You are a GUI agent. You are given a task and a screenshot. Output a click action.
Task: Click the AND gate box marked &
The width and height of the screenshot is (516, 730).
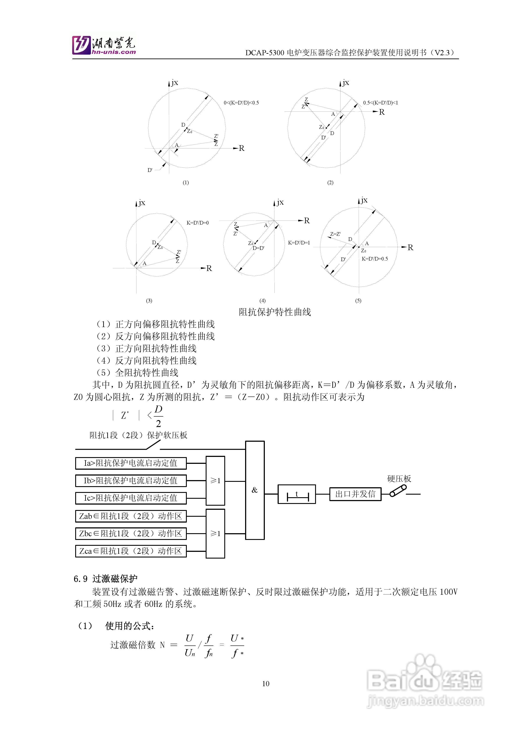tap(255, 490)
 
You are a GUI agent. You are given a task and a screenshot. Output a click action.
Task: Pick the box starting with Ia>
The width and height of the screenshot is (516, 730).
tap(131, 463)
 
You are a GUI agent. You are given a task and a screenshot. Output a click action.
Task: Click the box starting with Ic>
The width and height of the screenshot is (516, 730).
tap(131, 498)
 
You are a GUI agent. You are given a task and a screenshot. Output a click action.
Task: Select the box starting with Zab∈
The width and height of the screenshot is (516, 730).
tap(131, 516)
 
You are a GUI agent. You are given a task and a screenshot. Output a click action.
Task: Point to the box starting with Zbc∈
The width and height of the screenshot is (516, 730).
tap(131, 533)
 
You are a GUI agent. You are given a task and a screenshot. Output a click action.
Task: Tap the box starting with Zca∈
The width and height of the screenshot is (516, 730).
tap(131, 551)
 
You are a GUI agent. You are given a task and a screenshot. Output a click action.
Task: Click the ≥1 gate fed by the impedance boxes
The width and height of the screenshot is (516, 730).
tap(215, 533)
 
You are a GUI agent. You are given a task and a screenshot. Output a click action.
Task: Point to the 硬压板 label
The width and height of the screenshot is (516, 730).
tap(399, 479)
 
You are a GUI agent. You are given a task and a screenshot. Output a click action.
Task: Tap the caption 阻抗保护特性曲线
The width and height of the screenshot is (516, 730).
tap(275, 312)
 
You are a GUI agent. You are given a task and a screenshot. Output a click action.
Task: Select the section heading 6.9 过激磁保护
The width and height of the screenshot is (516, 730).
tap(106, 579)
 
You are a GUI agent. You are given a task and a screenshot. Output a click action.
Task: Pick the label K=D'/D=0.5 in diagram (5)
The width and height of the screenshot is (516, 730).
tap(375, 259)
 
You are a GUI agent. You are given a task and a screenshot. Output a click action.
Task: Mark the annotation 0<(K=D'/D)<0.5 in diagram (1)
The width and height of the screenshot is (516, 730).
tap(241, 103)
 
